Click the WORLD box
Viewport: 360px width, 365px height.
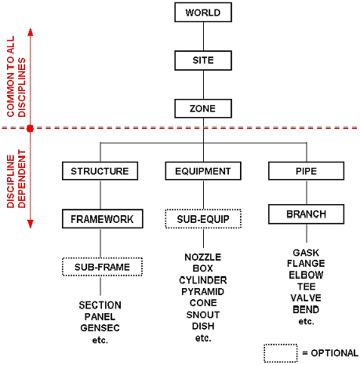[203, 13]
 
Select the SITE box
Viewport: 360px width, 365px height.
[203, 60]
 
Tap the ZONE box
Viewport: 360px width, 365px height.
[203, 108]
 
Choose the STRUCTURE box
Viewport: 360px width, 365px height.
[100, 171]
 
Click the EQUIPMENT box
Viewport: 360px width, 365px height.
[203, 171]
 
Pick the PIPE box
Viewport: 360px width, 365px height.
[306, 171]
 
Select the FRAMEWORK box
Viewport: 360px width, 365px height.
[103, 219]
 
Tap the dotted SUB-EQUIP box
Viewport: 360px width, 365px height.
[203, 219]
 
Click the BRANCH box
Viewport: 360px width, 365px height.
[306, 214]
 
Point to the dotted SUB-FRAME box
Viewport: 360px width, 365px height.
[102, 267]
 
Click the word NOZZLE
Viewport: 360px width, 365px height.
[203, 257]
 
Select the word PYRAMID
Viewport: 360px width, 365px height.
[203, 291]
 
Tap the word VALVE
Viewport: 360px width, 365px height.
[306, 298]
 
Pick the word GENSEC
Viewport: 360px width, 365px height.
[100, 328]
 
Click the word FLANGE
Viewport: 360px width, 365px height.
[306, 264]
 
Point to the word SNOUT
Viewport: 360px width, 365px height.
[203, 315]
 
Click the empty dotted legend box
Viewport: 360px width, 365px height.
[281, 353]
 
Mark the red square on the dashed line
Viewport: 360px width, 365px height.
[31, 128]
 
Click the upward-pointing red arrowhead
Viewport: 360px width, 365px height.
[31, 32]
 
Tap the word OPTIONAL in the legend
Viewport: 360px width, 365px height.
[335, 353]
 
